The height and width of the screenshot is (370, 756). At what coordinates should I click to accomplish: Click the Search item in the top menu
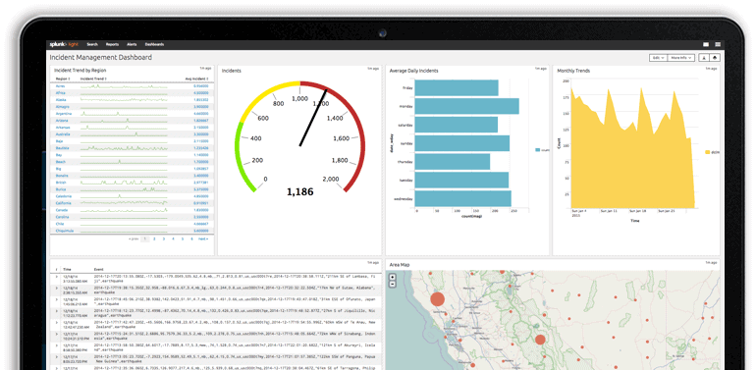pos(92,45)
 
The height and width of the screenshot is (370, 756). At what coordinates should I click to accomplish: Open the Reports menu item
pos(113,45)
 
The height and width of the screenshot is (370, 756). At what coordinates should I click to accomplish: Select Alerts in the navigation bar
pos(132,45)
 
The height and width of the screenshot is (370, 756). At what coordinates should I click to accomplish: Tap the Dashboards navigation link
pos(155,45)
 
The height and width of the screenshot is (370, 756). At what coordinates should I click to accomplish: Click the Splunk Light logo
pos(64,45)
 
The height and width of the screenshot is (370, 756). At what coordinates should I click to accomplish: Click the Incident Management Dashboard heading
pos(101,58)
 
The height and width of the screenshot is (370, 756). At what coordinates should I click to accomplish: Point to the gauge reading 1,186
pos(299,191)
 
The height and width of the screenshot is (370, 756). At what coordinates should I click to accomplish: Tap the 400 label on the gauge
pos(256,138)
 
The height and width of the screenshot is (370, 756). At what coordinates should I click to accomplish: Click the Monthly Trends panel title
pos(574,72)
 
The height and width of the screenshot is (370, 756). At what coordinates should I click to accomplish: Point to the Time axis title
pos(635,221)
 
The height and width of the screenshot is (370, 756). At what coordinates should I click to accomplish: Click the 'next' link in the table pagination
pos(203,238)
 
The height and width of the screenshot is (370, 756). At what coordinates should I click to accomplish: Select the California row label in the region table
pos(65,203)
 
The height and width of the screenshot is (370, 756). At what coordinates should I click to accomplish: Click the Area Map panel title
pos(401,265)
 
